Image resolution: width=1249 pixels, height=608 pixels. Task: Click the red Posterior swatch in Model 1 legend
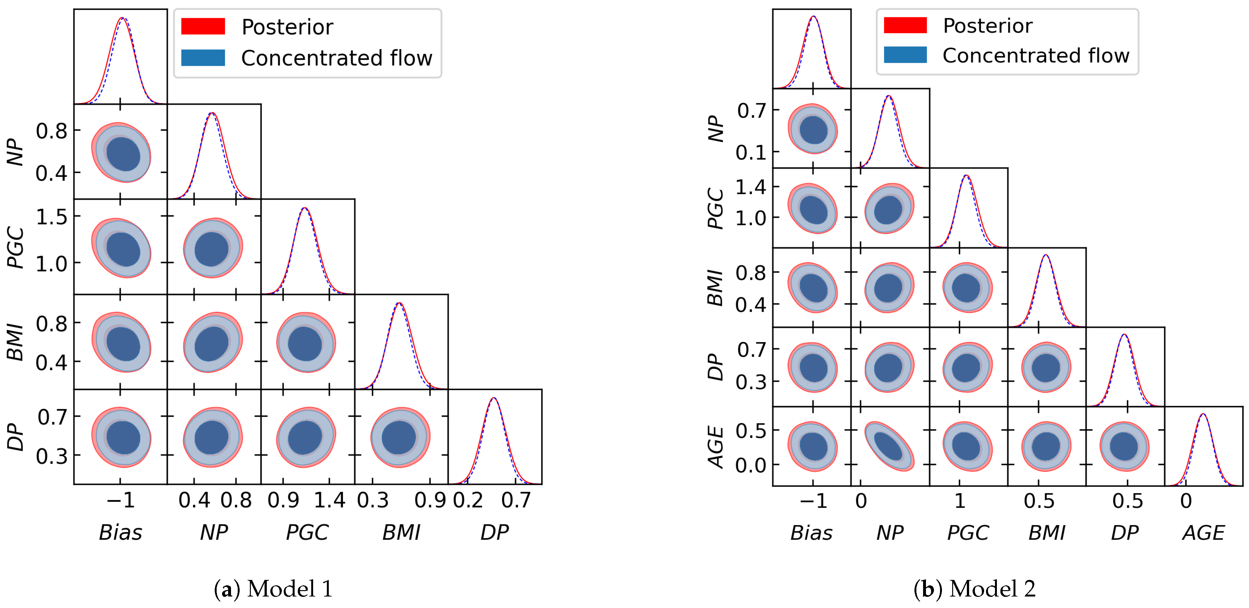coord(203,26)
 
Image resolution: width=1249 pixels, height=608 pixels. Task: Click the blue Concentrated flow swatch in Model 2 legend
coord(905,55)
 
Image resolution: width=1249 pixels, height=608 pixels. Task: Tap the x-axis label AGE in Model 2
coord(1203,533)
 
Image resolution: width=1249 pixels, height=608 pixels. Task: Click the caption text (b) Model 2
coord(975,589)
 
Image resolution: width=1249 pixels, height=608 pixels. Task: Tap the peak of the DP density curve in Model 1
coord(494,398)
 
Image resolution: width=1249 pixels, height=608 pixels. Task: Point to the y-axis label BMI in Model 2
coord(715,288)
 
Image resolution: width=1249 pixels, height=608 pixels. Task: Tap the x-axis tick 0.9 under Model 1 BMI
coord(429,500)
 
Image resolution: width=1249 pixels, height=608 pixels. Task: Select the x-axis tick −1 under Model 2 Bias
coord(813,500)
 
